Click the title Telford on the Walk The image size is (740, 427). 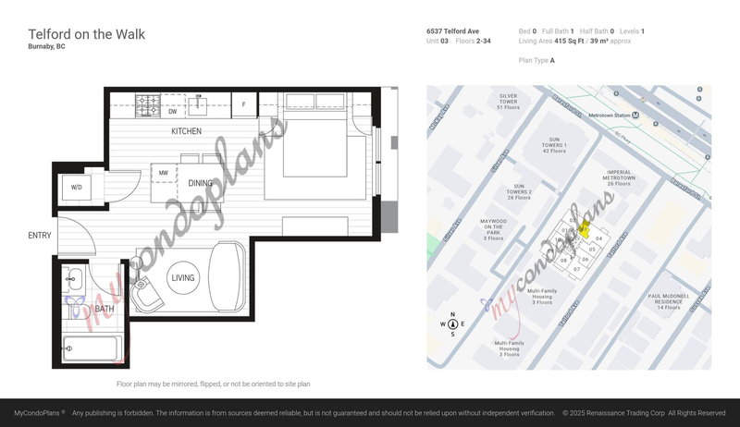[x=86, y=34]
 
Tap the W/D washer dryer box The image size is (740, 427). [x=76, y=187]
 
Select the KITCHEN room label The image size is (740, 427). [x=186, y=132]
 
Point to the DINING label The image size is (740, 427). [x=200, y=183]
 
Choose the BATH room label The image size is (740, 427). [x=105, y=309]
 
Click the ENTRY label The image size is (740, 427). [x=39, y=236]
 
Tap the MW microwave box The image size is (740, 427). [x=163, y=173]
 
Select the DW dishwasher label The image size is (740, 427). [x=172, y=112]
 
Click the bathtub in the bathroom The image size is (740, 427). [x=92, y=349]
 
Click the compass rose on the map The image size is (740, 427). [x=452, y=324]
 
